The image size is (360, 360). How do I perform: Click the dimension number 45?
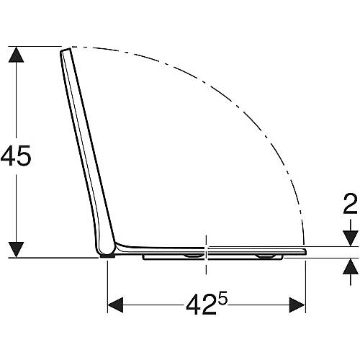tap(16, 156)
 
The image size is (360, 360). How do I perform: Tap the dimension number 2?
tap(351, 204)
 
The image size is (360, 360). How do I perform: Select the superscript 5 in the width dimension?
tap(222, 300)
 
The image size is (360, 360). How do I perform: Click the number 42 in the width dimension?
tap(201, 305)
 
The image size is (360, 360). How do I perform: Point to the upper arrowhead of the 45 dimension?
tap(16, 55)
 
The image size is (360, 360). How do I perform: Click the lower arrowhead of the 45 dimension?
tap(16, 250)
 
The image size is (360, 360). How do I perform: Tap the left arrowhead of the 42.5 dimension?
tap(115, 305)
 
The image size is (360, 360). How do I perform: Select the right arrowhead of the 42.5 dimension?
tap(297, 305)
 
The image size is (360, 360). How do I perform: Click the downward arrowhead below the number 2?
tap(351, 238)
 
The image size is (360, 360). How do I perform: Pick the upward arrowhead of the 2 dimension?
tap(351, 266)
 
